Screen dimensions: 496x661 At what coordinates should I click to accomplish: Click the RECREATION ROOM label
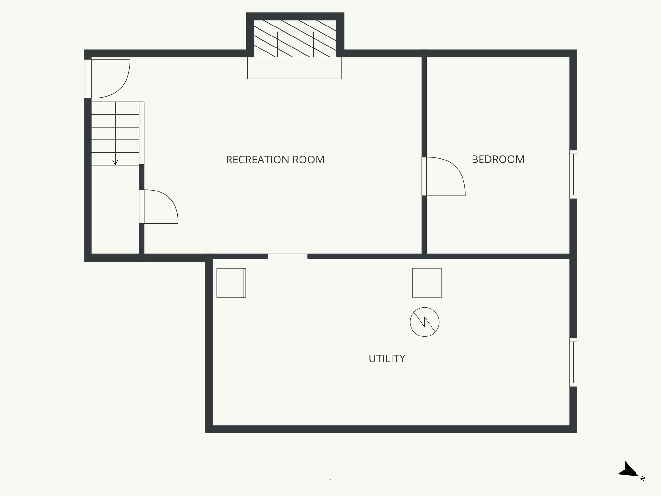click(x=275, y=160)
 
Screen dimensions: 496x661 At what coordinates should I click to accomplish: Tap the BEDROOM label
click(x=498, y=160)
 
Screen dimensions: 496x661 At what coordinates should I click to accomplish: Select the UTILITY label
click(x=387, y=359)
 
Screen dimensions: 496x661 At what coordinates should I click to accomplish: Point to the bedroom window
click(x=573, y=174)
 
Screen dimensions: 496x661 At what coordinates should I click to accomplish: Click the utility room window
click(x=573, y=362)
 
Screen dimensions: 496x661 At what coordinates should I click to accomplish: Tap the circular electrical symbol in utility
click(x=424, y=322)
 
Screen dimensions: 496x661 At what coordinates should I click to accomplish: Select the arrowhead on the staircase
click(x=115, y=162)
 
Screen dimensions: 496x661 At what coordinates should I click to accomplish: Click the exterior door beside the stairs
click(x=88, y=79)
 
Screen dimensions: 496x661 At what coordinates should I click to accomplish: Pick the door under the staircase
click(x=142, y=207)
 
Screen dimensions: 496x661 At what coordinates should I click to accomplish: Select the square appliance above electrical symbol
click(x=427, y=283)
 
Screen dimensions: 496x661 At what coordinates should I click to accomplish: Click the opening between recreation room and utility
click(x=288, y=256)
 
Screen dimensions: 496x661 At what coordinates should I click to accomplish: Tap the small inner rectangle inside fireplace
click(x=295, y=44)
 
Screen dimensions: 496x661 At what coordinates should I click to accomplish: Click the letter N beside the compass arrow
click(x=643, y=478)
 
